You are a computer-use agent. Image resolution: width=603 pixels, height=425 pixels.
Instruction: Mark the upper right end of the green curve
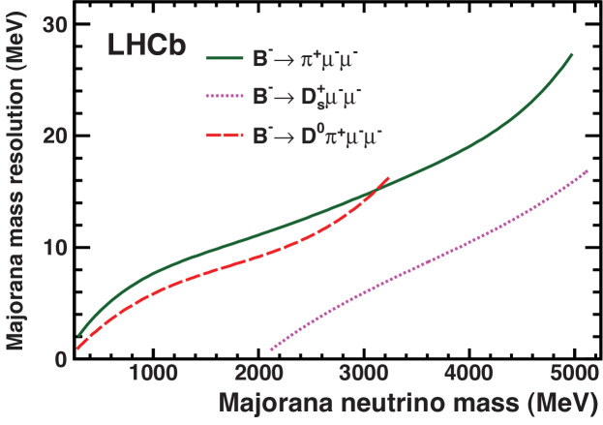click(572, 54)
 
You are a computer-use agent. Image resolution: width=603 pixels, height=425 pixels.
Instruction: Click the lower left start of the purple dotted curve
click(270, 349)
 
